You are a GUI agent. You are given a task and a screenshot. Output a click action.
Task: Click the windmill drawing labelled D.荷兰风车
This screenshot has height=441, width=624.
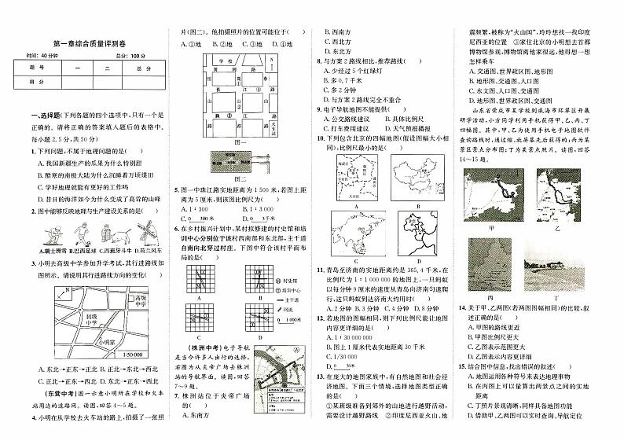pos(139,233)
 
